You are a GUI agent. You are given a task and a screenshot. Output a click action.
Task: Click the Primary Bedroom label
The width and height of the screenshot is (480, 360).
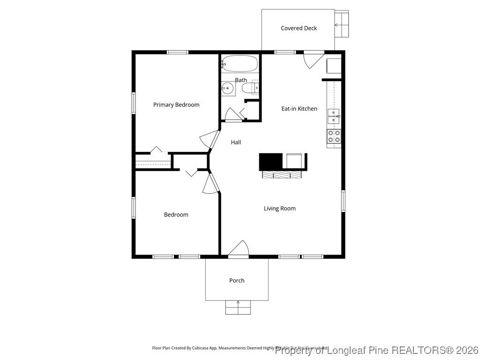[x=176, y=105]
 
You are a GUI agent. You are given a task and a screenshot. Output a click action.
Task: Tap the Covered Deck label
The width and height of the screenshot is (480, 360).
[x=299, y=28]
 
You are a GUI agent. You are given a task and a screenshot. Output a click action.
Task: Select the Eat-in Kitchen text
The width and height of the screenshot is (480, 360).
[x=299, y=109]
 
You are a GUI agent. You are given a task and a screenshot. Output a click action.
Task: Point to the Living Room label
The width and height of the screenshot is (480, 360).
[x=279, y=209]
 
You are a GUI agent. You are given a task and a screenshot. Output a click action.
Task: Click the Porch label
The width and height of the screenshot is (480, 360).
[x=237, y=280]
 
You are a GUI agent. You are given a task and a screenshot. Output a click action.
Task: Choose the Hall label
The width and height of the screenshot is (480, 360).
[x=236, y=142]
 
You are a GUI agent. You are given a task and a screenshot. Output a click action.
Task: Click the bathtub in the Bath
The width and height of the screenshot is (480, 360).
[x=240, y=63]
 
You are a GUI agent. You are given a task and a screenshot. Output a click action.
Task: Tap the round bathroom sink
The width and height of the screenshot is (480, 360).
[x=228, y=88]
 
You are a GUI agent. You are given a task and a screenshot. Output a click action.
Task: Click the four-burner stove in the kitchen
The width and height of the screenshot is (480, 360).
[x=334, y=136]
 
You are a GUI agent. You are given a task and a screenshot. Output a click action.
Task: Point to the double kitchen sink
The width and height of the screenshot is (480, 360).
[x=334, y=116]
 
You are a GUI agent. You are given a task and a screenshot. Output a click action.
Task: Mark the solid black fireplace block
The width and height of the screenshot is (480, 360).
[x=270, y=162]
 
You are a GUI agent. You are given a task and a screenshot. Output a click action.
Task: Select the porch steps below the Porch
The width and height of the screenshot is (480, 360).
[x=238, y=307]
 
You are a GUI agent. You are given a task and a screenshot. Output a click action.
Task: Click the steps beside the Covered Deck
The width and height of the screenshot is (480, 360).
[x=342, y=24]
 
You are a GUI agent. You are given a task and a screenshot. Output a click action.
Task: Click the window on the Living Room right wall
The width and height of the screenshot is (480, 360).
[x=343, y=201]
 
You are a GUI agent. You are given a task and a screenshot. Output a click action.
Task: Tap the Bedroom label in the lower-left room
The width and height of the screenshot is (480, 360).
[x=176, y=215]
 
